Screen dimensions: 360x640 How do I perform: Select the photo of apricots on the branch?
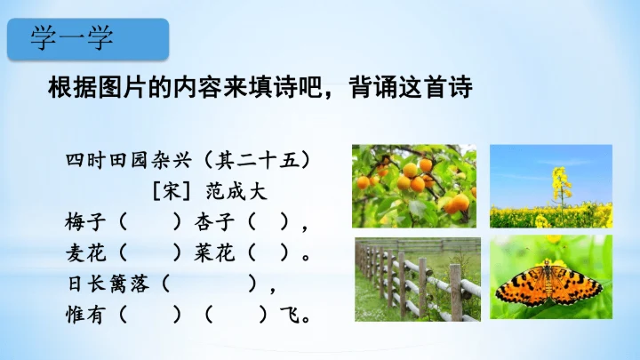tap(415, 186)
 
